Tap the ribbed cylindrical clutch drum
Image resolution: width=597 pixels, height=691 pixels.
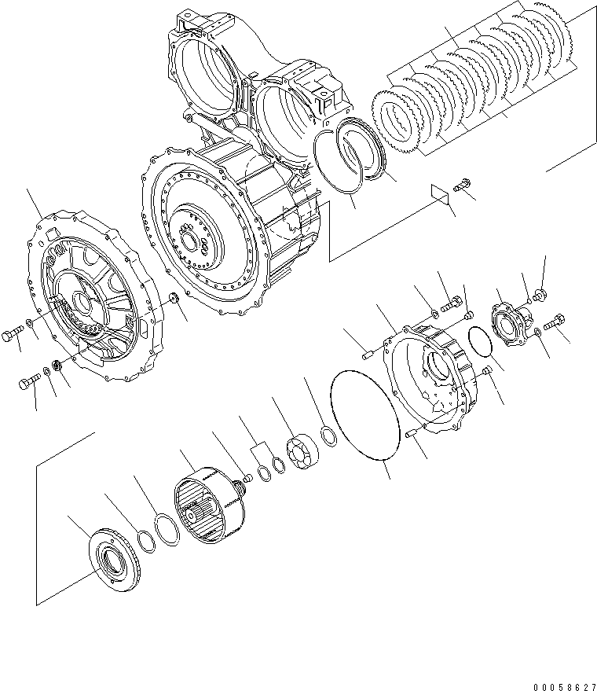pos(206,503)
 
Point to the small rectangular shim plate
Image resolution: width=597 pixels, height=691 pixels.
pos(441,193)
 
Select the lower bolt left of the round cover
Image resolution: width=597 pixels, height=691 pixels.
pos(26,384)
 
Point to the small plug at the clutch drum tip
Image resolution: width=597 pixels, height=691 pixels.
pos(247,475)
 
